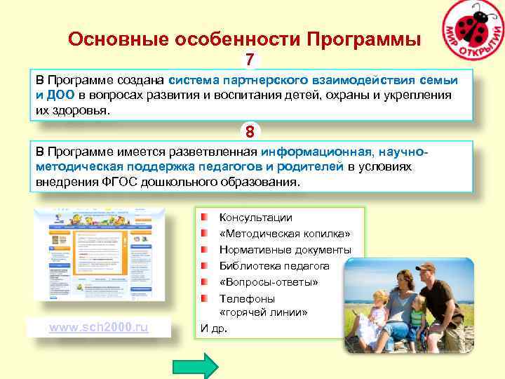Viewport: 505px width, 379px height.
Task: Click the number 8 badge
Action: [x=250, y=131]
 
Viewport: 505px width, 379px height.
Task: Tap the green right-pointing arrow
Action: [x=196, y=366]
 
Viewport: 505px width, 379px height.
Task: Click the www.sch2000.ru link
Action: [x=98, y=328]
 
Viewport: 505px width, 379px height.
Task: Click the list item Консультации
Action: [x=255, y=218]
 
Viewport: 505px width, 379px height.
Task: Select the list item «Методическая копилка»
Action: [x=284, y=234]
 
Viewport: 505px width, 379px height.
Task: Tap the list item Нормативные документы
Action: [x=285, y=250]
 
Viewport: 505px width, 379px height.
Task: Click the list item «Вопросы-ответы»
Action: [x=268, y=281]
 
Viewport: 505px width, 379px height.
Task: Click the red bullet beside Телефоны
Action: [x=203, y=298]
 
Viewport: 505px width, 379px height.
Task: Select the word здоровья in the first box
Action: [x=83, y=110]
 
